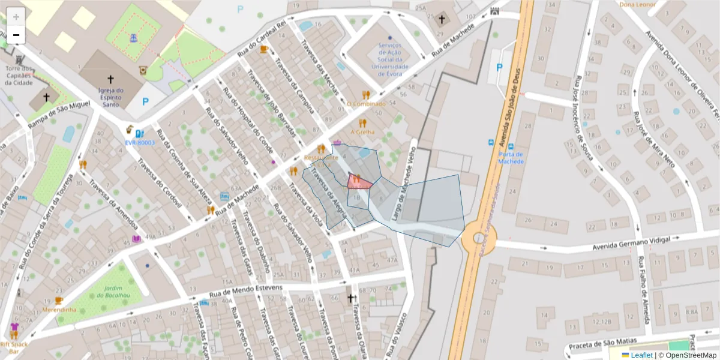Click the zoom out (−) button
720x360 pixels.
pyautogui.click(x=16, y=35)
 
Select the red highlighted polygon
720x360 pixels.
pyautogui.click(x=358, y=182)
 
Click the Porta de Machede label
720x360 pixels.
pyautogui.click(x=511, y=157)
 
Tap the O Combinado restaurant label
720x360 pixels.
pyautogui.click(x=366, y=104)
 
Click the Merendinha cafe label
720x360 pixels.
pyautogui.click(x=59, y=310)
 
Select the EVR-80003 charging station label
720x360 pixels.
pyautogui.click(x=140, y=143)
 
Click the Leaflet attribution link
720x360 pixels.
pyautogui.click(x=641, y=355)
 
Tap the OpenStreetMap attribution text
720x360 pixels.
pyautogui.click(x=687, y=355)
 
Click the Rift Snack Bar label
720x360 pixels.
pyautogui.click(x=13, y=348)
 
